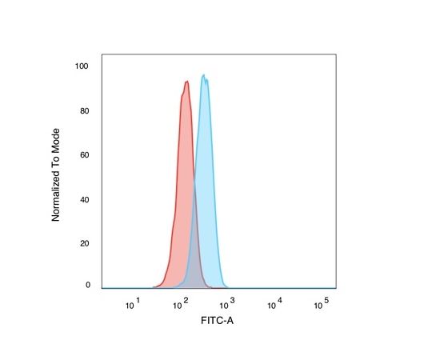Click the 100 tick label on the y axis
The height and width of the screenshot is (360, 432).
click(x=82, y=66)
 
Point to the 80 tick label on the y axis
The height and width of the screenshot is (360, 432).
click(x=84, y=111)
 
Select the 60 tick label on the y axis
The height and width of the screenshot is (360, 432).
click(x=84, y=155)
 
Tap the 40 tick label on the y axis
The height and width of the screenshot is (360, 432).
click(x=84, y=200)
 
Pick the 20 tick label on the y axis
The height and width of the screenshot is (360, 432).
click(x=84, y=243)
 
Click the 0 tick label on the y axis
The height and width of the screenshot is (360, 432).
click(x=88, y=285)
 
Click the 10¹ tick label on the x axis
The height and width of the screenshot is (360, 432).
click(x=133, y=303)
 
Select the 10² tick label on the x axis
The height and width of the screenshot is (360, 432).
click(x=181, y=303)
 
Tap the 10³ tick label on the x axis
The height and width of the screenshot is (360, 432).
click(x=227, y=303)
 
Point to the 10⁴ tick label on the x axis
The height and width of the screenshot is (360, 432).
click(x=274, y=303)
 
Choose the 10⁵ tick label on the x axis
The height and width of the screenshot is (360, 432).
click(x=322, y=303)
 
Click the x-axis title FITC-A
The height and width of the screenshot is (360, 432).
click(x=217, y=321)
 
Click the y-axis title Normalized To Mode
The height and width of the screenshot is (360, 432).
click(x=56, y=175)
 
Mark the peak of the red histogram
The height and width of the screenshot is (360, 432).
click(x=187, y=82)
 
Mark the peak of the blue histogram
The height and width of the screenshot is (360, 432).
click(x=204, y=74)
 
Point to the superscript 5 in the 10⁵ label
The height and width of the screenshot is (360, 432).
click(x=326, y=300)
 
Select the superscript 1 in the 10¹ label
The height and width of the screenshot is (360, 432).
click(x=138, y=300)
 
